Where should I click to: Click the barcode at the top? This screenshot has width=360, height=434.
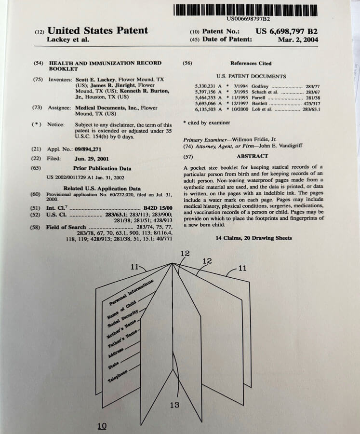pos(246,9)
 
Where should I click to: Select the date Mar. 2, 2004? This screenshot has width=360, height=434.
pos(298,40)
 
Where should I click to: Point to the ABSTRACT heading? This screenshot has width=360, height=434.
pos(252,156)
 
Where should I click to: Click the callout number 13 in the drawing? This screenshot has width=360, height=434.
pos(174,405)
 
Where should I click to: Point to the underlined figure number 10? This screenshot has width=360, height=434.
pos(102,426)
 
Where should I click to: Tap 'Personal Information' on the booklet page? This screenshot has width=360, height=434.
pos(131,293)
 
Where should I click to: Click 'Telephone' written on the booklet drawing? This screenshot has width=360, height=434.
pos(118,378)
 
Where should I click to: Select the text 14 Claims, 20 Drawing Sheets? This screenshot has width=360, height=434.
pos(253,238)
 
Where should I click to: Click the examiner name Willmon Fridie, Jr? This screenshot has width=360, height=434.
pos(244,140)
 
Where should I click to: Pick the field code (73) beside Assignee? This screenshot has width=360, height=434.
pos(38,108)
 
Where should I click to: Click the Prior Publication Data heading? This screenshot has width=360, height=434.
pos(102,168)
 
